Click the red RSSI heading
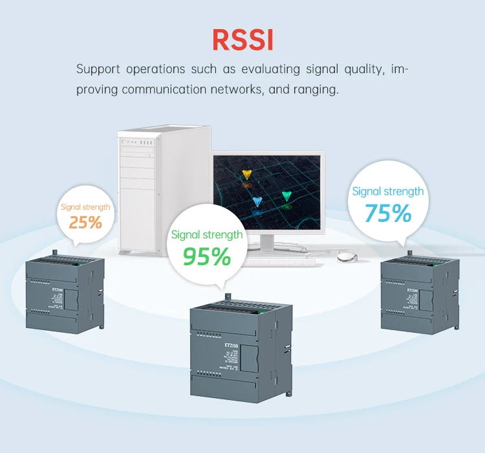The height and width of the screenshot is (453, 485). click(242, 39)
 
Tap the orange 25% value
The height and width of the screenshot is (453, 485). click(86, 223)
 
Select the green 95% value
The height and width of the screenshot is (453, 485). click(206, 256)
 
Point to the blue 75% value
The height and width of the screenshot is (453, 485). click(387, 213)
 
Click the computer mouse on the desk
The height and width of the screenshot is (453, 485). click(347, 257)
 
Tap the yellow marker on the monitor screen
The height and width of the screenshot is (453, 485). click(246, 175)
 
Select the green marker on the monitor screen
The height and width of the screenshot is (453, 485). click(287, 196)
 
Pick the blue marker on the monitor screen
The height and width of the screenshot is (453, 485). click(258, 203)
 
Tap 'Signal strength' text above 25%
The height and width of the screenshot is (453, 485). click(85, 207)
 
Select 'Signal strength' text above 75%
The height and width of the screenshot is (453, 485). click(387, 191)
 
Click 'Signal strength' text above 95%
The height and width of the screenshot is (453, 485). click(206, 234)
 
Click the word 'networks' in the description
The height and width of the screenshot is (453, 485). click(234, 89)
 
